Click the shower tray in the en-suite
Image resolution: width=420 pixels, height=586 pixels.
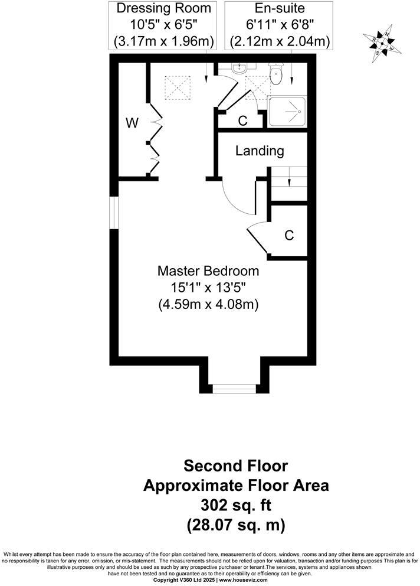click(x=288, y=111)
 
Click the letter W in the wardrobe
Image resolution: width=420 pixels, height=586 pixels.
click(x=132, y=123)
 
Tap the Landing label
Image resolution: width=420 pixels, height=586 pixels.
click(x=260, y=151)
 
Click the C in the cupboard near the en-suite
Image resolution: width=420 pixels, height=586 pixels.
click(x=242, y=121)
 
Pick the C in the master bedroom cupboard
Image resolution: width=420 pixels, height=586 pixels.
click(x=289, y=235)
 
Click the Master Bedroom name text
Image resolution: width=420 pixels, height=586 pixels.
click(x=208, y=271)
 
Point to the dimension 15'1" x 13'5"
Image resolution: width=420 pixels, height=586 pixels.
click(x=208, y=288)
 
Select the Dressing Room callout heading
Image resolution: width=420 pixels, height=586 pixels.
click(x=163, y=9)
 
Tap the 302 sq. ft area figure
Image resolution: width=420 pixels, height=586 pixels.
click(x=235, y=505)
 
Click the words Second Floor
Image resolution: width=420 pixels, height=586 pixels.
click(x=235, y=466)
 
